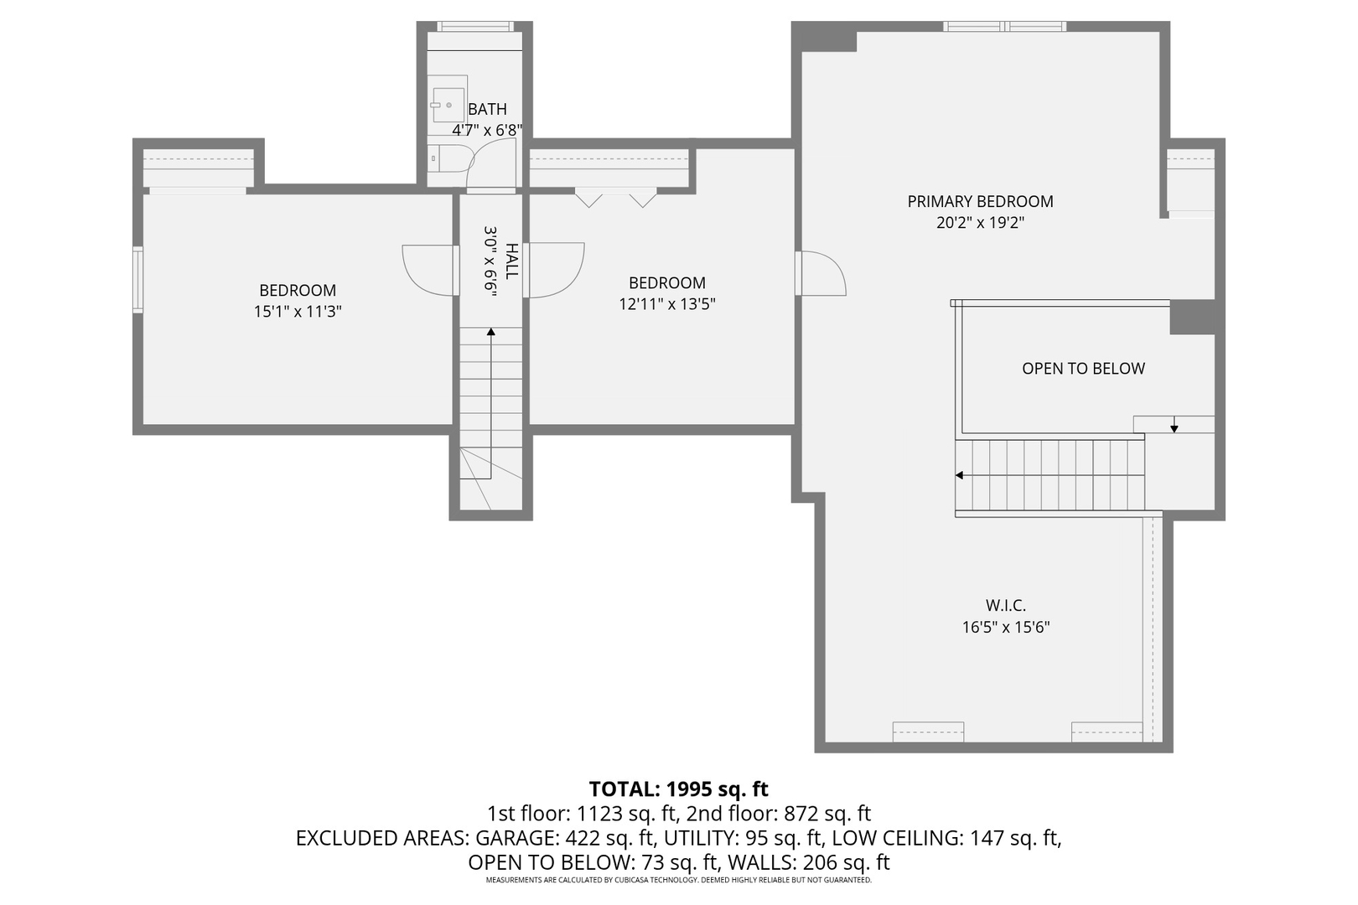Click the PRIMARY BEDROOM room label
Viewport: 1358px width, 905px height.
coord(980,201)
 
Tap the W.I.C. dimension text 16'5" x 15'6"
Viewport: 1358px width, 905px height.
coord(1005,627)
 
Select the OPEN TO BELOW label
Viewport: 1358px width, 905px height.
coord(1083,369)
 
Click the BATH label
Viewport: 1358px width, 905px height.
coord(487,109)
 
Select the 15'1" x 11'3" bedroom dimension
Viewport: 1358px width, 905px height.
coord(298,312)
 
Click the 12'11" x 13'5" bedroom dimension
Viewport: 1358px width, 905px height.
coord(667,304)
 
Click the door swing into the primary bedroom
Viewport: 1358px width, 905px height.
coord(822,273)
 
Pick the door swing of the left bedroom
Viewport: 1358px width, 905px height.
coord(429,269)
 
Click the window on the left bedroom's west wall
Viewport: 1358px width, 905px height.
coord(137,279)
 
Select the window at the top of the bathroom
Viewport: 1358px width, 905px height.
coord(474,27)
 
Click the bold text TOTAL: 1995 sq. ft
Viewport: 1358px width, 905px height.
coord(678,789)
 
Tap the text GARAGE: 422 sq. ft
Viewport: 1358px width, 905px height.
coord(566,838)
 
